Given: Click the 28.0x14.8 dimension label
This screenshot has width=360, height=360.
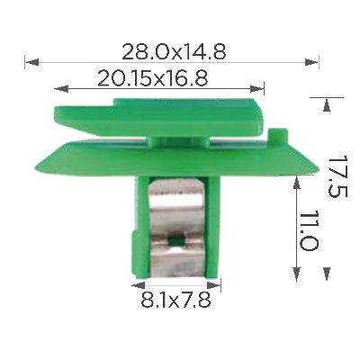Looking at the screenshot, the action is click(x=174, y=51).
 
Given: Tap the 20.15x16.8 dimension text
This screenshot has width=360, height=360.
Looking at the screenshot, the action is click(x=153, y=78).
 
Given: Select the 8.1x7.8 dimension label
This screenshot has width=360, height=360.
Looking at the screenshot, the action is click(x=175, y=300).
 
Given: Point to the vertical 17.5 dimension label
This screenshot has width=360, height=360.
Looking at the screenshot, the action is click(x=337, y=176).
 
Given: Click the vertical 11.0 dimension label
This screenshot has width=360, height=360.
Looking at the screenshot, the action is click(x=308, y=231).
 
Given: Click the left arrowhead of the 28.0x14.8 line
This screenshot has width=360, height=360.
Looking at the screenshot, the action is click(x=31, y=62).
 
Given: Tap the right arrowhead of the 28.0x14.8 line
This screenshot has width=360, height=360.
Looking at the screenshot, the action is click(x=311, y=62).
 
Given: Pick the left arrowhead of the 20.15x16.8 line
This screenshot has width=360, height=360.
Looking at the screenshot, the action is click(x=61, y=89).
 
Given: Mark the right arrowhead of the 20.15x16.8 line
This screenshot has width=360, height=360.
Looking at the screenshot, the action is click(x=257, y=89).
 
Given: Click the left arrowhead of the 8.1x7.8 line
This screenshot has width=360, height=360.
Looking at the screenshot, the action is click(x=138, y=285).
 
